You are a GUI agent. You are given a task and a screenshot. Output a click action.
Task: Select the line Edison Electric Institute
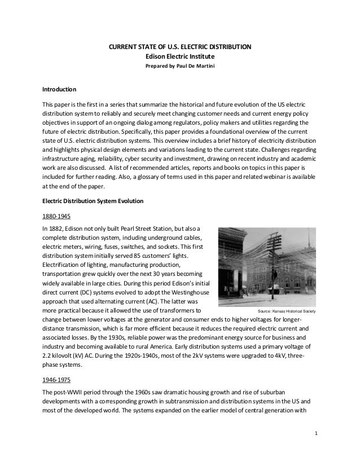click(180, 56)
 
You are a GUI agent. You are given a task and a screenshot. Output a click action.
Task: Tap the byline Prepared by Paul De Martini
click(180, 66)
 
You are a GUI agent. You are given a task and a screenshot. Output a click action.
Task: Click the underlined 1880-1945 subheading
click(55, 216)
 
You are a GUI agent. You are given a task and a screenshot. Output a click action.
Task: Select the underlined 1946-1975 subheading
click(55, 380)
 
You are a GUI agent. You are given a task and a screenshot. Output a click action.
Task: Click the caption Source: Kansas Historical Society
click(287, 311)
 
